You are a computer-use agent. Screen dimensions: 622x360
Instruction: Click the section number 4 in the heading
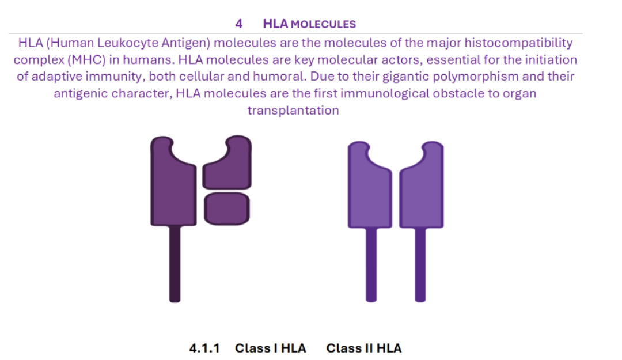tap(239, 24)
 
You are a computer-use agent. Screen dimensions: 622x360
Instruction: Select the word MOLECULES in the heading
tap(323, 25)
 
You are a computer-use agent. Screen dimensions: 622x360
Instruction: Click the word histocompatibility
tap(518, 43)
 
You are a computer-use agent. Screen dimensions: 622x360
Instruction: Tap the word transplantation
tap(293, 111)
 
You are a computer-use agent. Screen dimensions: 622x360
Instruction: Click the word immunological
tap(385, 94)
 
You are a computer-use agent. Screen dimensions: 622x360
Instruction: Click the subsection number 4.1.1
tap(204, 348)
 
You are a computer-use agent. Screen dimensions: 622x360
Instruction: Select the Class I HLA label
tap(271, 348)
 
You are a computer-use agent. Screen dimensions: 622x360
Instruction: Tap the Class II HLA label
tap(364, 348)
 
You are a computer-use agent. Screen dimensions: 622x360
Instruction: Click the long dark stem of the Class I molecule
tap(175, 264)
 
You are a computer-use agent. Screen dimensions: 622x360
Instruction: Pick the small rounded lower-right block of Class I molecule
tap(227, 209)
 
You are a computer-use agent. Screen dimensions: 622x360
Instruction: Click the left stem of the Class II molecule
tap(371, 265)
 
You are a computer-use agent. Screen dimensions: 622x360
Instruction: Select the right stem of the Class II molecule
tap(420, 265)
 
